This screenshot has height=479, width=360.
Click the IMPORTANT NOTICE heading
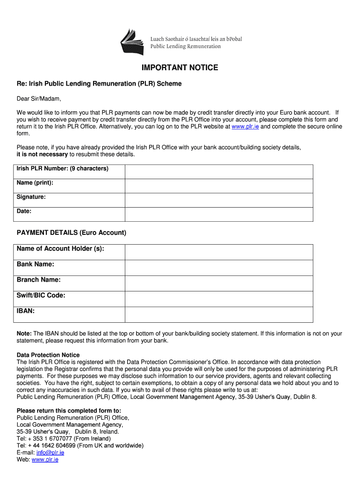coord(180,68)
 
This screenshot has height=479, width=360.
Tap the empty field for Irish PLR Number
coord(218,172)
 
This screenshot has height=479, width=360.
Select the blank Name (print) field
coord(218,186)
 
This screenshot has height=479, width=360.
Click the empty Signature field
coord(218,200)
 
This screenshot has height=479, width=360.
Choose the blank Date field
coord(218,214)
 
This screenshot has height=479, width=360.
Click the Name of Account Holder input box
coord(218,252)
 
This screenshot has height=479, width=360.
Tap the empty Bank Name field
coord(218,268)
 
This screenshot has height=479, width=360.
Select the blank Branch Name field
coord(218,283)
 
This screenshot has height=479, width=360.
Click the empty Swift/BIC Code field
coord(218,299)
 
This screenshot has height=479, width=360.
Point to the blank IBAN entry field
coord(218,314)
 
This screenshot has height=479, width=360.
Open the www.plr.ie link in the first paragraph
coord(245,126)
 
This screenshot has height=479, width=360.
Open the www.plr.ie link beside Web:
coord(45,459)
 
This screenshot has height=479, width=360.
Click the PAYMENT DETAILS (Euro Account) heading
coord(72,232)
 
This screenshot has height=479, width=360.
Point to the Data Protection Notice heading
coord(48,355)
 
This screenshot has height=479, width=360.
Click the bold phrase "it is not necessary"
coord(42,154)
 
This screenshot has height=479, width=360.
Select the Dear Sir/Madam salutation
coord(39,99)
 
